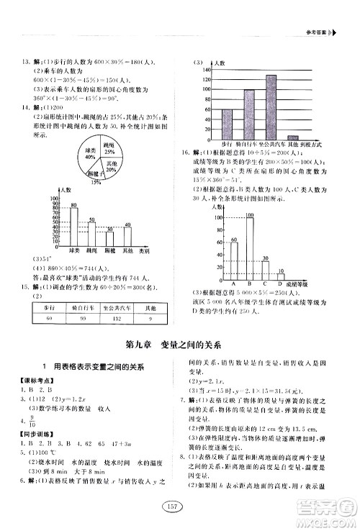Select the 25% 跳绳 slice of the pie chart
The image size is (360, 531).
(x=109, y=148)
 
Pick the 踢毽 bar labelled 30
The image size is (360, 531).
(x=109, y=239)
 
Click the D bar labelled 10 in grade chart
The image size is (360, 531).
(x=281, y=276)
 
